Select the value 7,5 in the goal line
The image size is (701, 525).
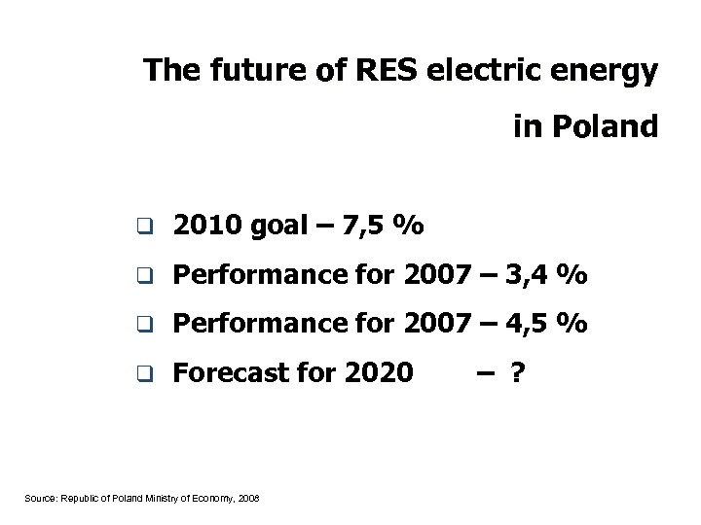point(366,227)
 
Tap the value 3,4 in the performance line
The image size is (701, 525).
point(531,276)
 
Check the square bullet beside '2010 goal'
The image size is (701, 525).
point(143,228)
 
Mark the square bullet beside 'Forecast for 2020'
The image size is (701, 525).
point(143,372)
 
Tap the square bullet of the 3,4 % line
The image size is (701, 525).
point(143,277)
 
